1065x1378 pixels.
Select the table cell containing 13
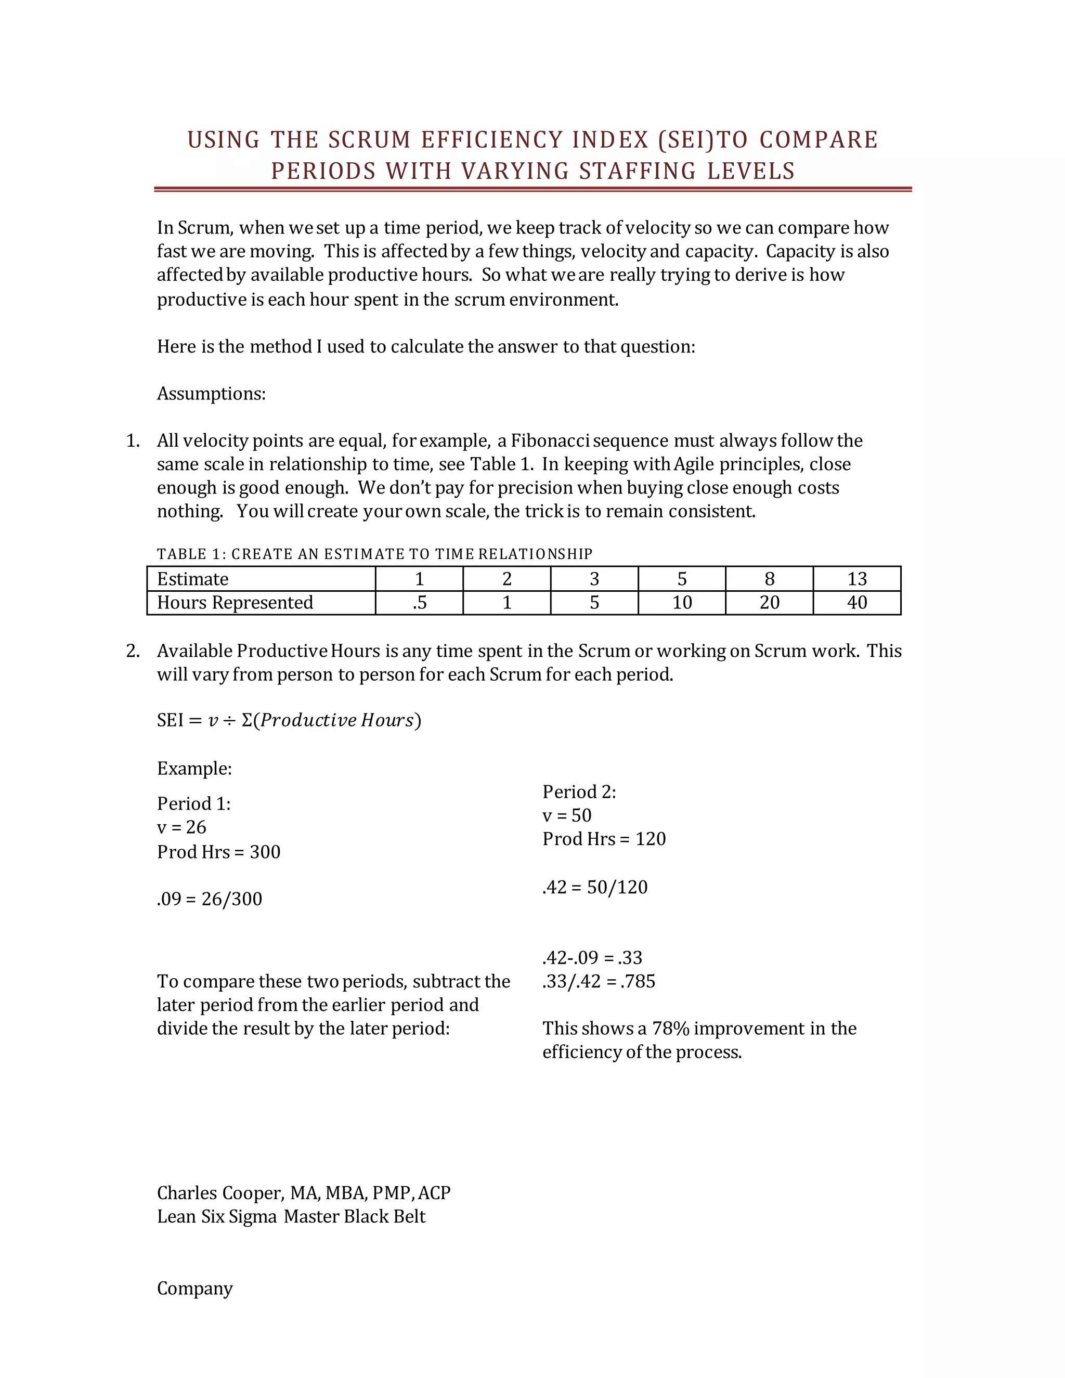857,579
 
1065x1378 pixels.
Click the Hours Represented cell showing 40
857,603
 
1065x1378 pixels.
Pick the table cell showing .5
419,603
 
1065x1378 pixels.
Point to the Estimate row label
193,579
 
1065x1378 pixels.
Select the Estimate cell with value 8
769,579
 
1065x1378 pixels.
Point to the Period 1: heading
193,803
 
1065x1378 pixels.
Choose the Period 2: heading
579,792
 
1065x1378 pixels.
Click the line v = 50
567,815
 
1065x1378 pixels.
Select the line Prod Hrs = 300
218,852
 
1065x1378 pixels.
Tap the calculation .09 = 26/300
210,899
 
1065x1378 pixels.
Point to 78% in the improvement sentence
670,1029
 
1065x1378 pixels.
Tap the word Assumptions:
211,394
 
